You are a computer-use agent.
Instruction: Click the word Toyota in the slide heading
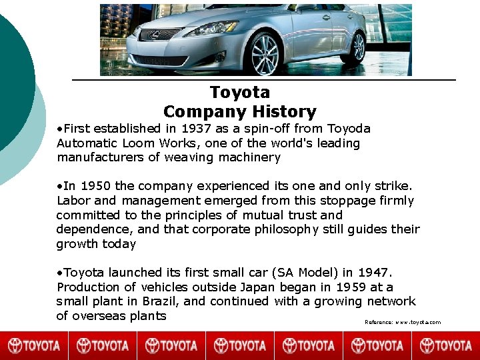point(239,92)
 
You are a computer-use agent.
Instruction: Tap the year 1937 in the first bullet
point(197,128)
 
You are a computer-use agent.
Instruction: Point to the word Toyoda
point(348,128)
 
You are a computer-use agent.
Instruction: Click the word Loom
point(138,143)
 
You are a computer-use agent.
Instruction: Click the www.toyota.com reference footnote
point(403,322)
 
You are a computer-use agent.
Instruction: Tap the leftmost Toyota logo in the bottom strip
point(34,345)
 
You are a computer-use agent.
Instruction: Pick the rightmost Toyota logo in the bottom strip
point(445,345)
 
